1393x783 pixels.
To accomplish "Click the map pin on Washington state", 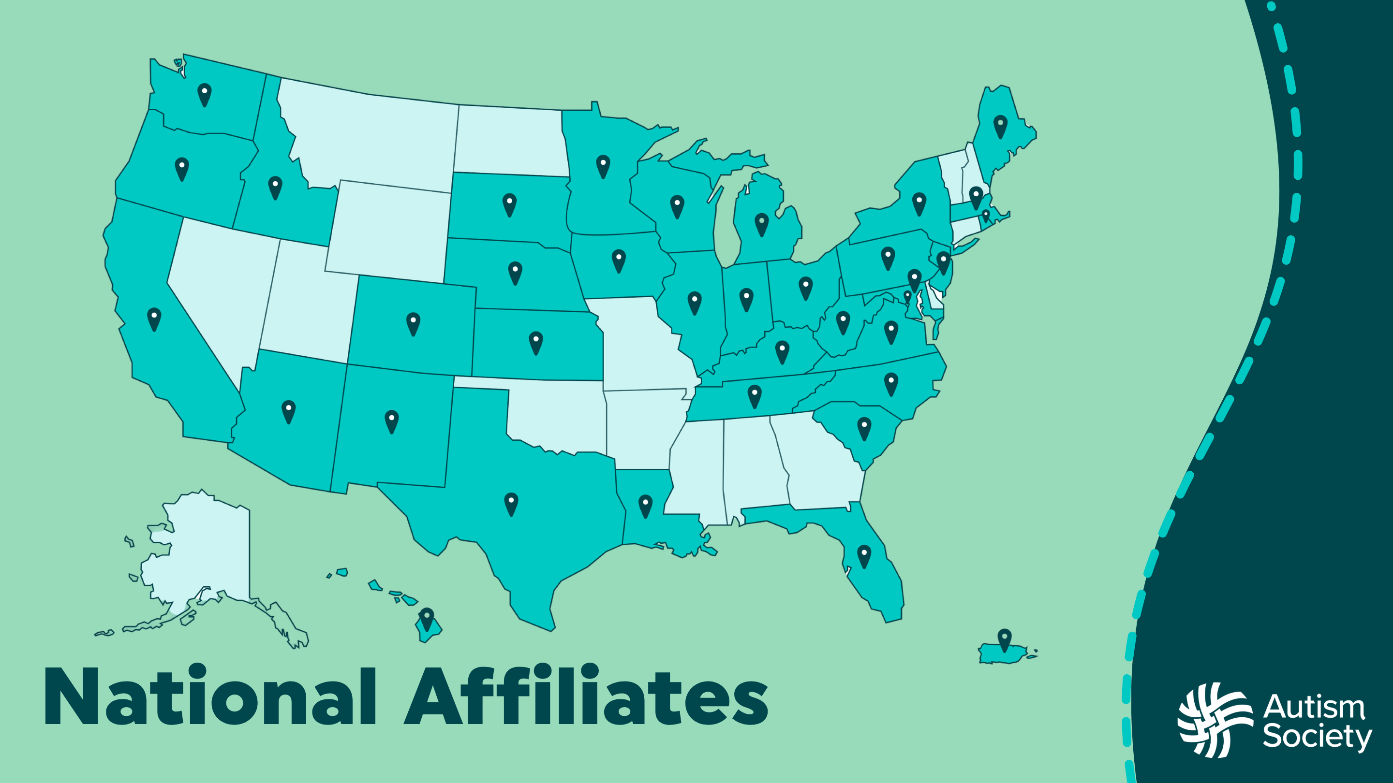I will (x=205, y=94).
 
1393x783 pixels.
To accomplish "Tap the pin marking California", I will (x=154, y=319).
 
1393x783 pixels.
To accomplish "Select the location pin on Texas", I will (x=511, y=503).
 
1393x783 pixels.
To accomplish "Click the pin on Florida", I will (x=864, y=555).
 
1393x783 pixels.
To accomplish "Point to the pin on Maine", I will (x=1000, y=126).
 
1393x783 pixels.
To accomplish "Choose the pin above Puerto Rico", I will (x=1005, y=639).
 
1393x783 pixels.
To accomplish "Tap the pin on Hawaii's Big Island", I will (x=427, y=619).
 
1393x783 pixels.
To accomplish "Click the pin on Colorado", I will (x=413, y=323).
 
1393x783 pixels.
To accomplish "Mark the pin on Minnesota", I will (x=603, y=166).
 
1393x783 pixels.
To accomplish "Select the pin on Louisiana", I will (x=645, y=506).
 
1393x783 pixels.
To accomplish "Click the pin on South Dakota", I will (x=509, y=204).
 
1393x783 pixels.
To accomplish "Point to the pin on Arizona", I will (x=289, y=411).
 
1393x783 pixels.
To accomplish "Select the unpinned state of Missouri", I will (x=638, y=346).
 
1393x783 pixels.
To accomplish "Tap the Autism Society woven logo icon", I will (x=1215, y=720).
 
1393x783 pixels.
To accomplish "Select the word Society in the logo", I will (x=1317, y=738).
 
